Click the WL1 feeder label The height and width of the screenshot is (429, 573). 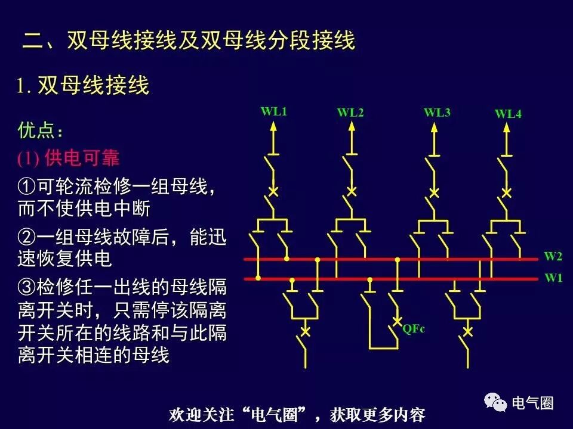click(274, 111)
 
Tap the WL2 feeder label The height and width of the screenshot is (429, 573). click(350, 113)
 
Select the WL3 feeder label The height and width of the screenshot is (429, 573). click(437, 112)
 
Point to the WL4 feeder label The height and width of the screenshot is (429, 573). click(508, 114)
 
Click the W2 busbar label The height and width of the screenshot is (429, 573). click(553, 257)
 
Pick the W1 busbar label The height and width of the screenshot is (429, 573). click(553, 278)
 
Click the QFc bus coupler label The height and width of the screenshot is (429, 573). click(414, 328)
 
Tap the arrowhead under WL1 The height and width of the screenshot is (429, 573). click(274, 126)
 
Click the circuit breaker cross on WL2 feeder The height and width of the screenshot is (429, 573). click(352, 191)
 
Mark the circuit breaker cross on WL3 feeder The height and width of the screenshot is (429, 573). click(435, 192)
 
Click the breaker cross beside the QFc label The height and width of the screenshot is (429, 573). click(397, 322)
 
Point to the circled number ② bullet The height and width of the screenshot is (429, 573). click(27, 238)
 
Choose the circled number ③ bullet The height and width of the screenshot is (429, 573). click(27, 287)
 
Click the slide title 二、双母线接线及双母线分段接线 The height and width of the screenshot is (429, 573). click(189, 41)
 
